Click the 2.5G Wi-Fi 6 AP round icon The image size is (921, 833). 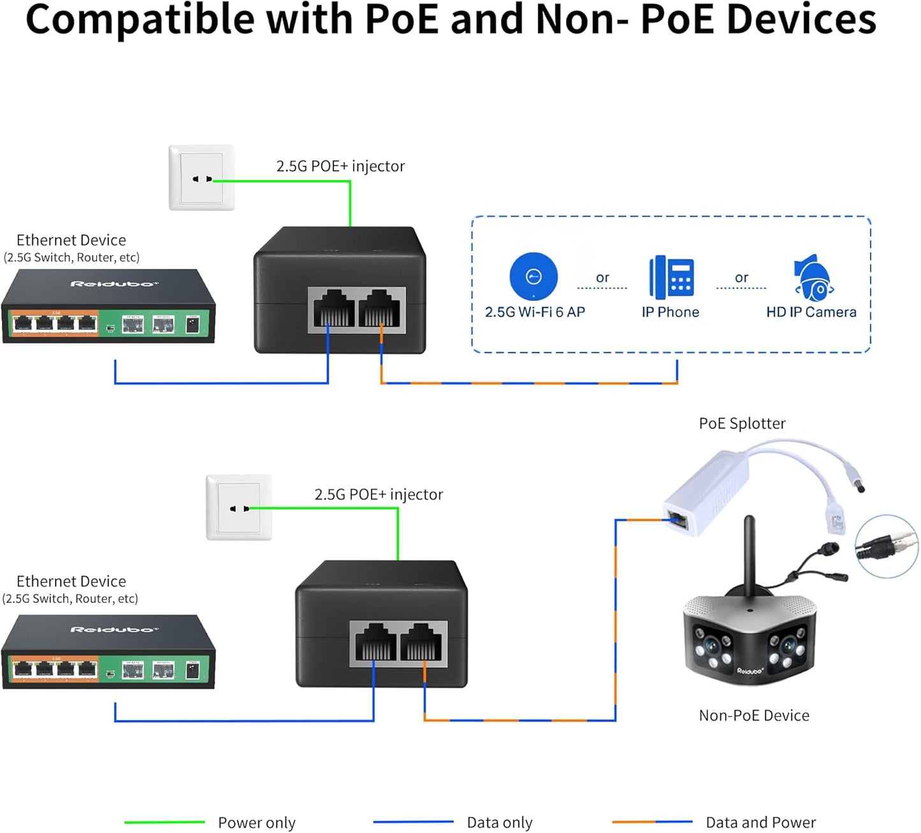533,276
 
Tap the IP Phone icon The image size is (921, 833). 671,277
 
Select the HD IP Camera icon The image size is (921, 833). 813,279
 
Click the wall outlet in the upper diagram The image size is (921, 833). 201,178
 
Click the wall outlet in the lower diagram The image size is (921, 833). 239,507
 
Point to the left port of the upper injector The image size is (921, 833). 333,309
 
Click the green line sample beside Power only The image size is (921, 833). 164,822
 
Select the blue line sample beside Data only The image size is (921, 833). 413,822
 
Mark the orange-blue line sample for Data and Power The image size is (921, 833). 651,822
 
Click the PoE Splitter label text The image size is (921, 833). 742,423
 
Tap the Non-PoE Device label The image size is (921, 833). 754,715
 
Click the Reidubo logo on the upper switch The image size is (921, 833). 113,284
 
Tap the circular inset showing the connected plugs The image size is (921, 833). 886,546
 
